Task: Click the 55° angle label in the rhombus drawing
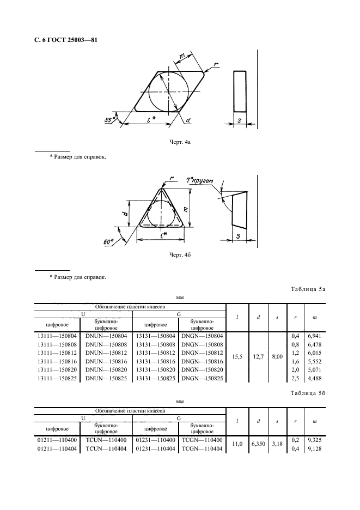click(110, 119)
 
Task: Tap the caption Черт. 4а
click(180, 142)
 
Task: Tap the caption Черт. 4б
click(180, 254)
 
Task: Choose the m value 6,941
click(314, 336)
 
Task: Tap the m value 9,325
click(314, 440)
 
